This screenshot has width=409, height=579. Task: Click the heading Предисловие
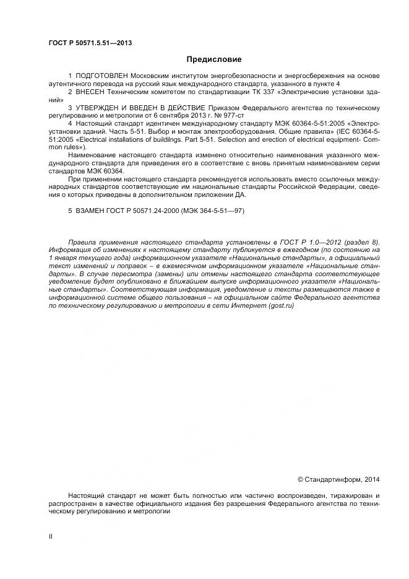214,59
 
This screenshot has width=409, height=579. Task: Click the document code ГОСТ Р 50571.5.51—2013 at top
90,43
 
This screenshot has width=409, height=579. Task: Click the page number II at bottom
51,537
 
